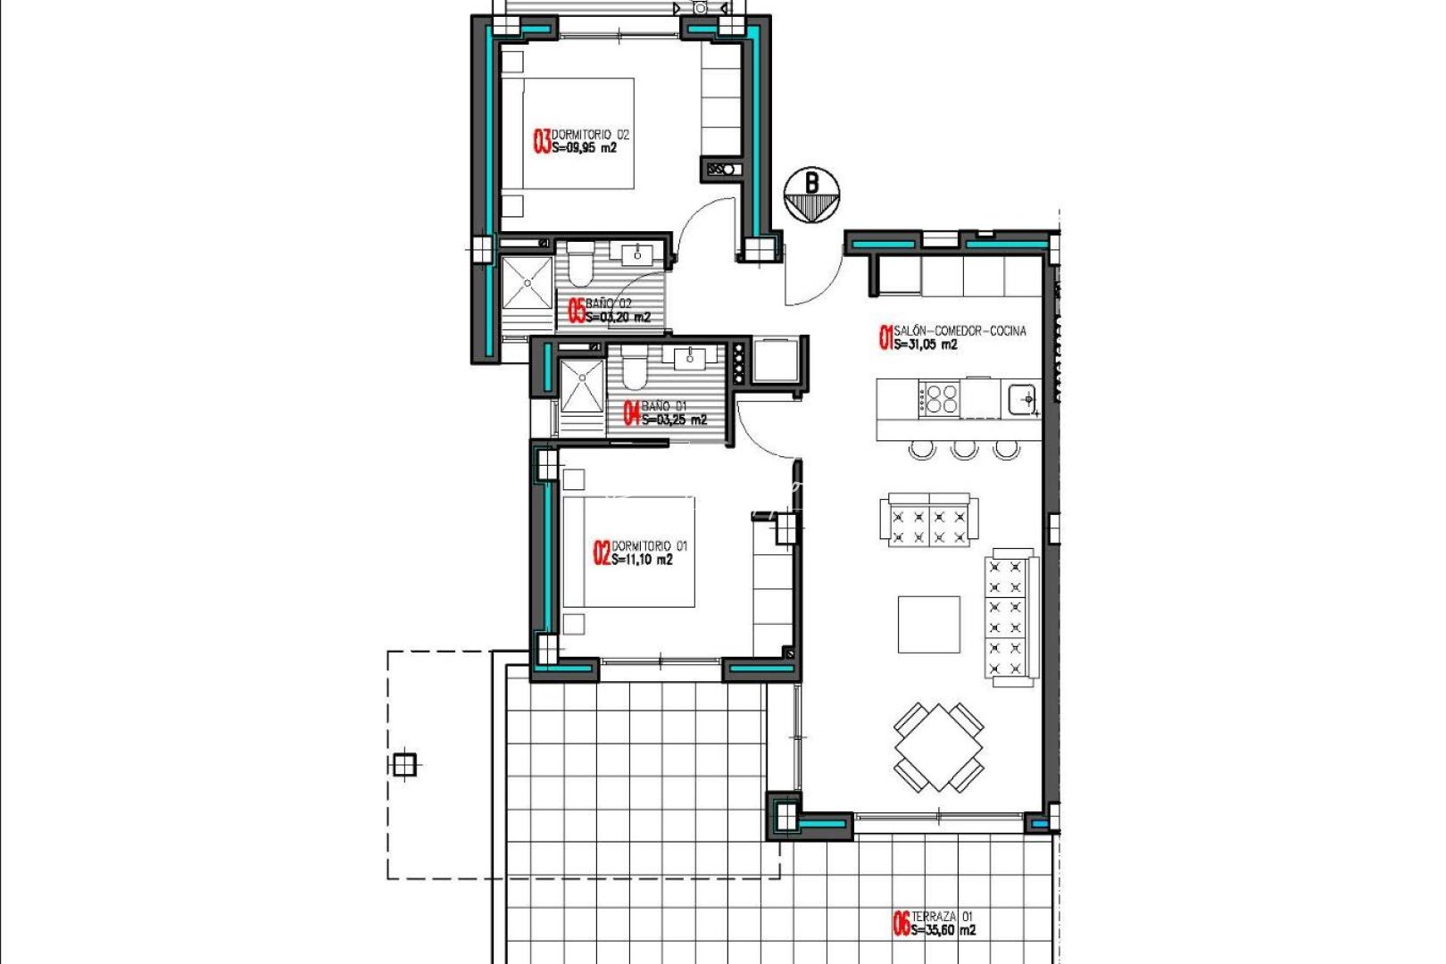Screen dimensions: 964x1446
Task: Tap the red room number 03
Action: coord(542,141)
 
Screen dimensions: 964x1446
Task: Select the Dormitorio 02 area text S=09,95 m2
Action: coord(584,149)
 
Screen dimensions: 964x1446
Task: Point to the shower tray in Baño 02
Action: coord(527,284)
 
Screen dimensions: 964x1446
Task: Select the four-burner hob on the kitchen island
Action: coord(940,397)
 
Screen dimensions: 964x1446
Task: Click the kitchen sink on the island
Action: coord(1022,397)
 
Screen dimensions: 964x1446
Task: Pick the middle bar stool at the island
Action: coord(964,449)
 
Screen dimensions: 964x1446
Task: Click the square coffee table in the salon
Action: coord(928,624)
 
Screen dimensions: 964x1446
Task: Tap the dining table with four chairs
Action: coord(939,747)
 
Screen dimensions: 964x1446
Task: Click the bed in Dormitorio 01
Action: coord(628,553)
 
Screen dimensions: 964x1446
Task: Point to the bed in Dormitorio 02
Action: coord(578,133)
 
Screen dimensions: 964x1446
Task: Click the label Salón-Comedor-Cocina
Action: coord(960,330)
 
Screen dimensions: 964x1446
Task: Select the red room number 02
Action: coord(602,553)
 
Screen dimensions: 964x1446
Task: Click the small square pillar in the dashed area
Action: coord(404,764)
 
